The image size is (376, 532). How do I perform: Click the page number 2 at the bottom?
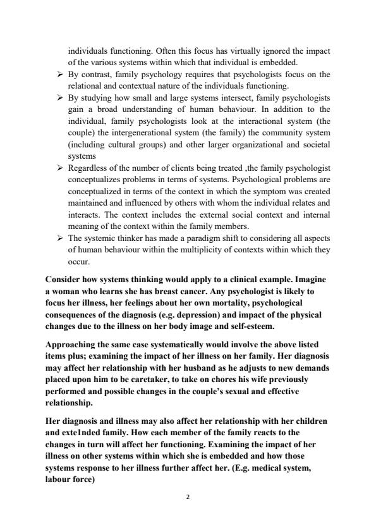[x=188, y=497]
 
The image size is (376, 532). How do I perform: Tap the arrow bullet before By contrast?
[x=59, y=74]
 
